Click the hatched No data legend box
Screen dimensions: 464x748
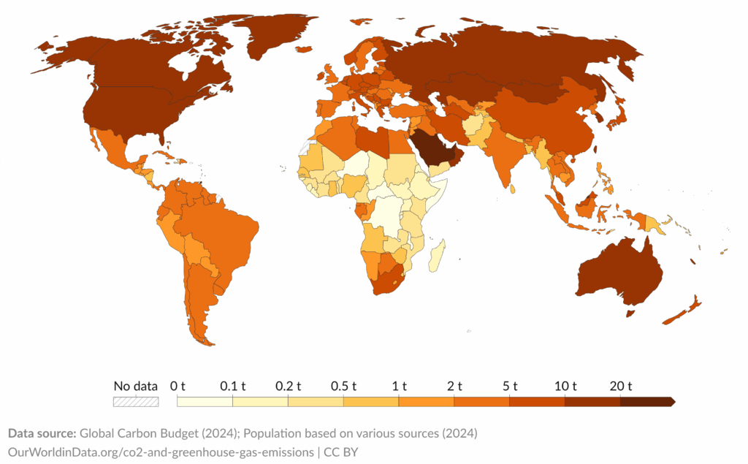coord(135,401)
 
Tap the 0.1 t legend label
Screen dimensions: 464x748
coord(233,386)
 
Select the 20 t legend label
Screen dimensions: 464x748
coord(620,386)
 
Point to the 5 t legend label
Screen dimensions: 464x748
coord(509,386)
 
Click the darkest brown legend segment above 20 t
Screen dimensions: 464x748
coord(646,401)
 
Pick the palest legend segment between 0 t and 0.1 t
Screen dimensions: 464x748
coord(205,401)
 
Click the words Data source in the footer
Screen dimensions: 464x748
coord(41,433)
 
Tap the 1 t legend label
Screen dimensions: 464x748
coord(399,386)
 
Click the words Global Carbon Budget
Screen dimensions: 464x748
coord(124,433)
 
